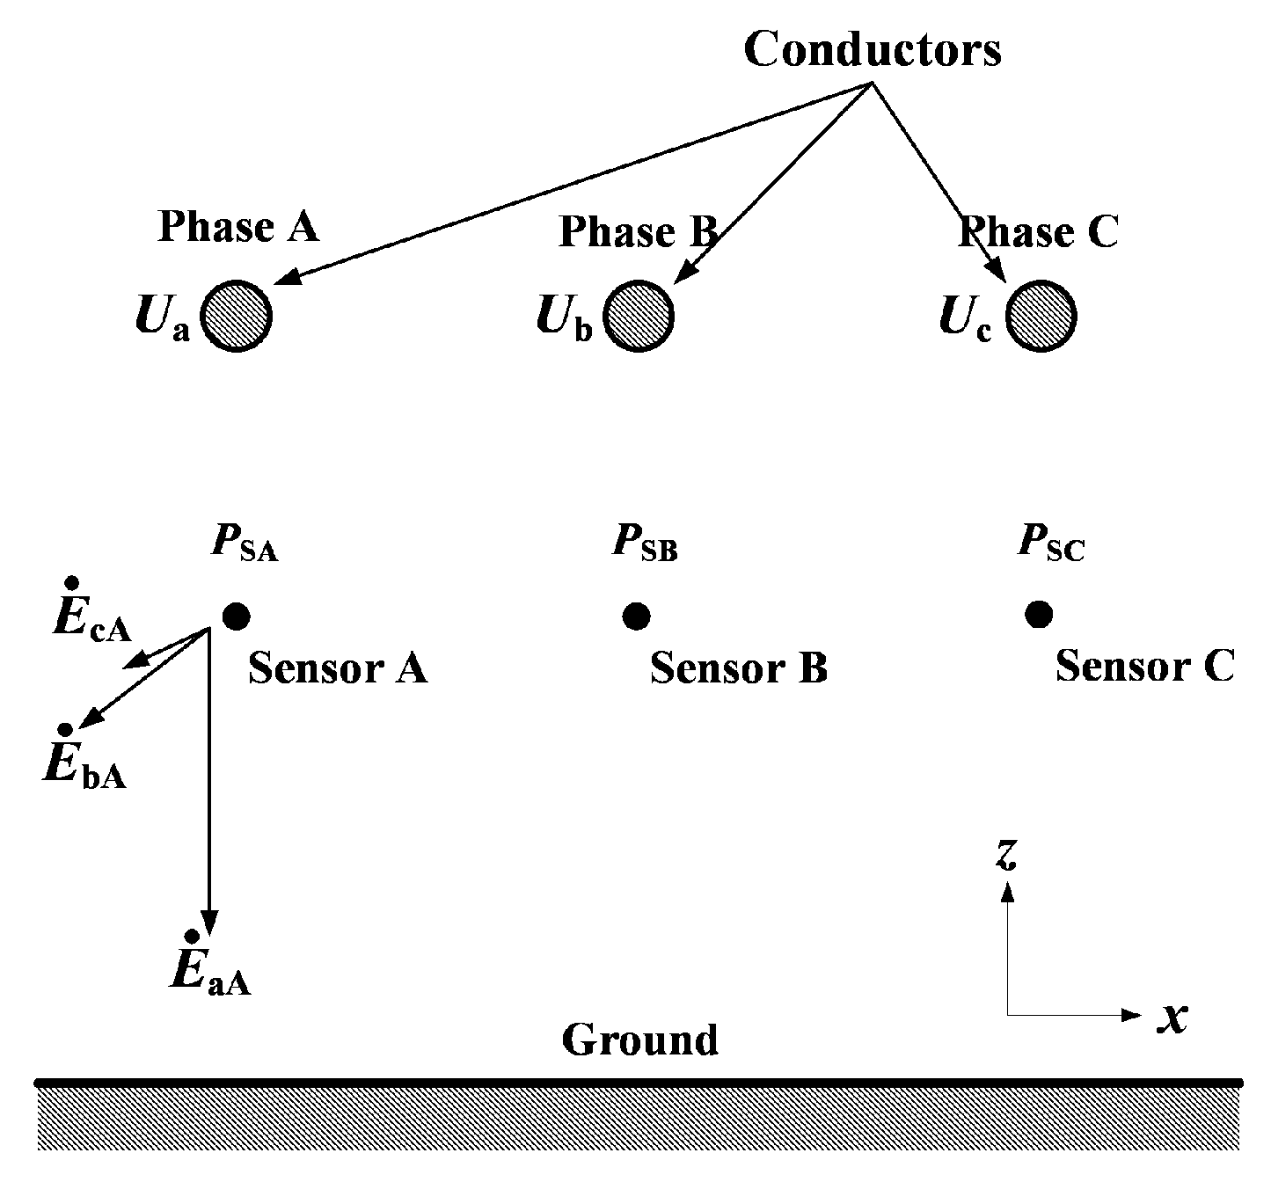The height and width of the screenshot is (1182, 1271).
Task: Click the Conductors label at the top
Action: click(872, 49)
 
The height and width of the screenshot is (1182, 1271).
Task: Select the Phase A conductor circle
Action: click(236, 317)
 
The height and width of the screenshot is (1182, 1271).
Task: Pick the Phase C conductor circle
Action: click(1041, 317)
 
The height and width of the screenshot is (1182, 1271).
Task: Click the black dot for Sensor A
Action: click(236, 617)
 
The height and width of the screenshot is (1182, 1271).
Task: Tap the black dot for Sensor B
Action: click(636, 617)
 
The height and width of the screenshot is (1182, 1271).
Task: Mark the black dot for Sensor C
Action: click(1039, 615)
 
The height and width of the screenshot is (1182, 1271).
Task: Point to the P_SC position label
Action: click(1051, 543)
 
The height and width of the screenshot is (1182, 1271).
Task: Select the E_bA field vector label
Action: click(84, 763)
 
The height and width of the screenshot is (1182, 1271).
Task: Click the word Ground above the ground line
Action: click(639, 1040)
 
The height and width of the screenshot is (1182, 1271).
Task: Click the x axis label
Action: click(1172, 1018)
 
